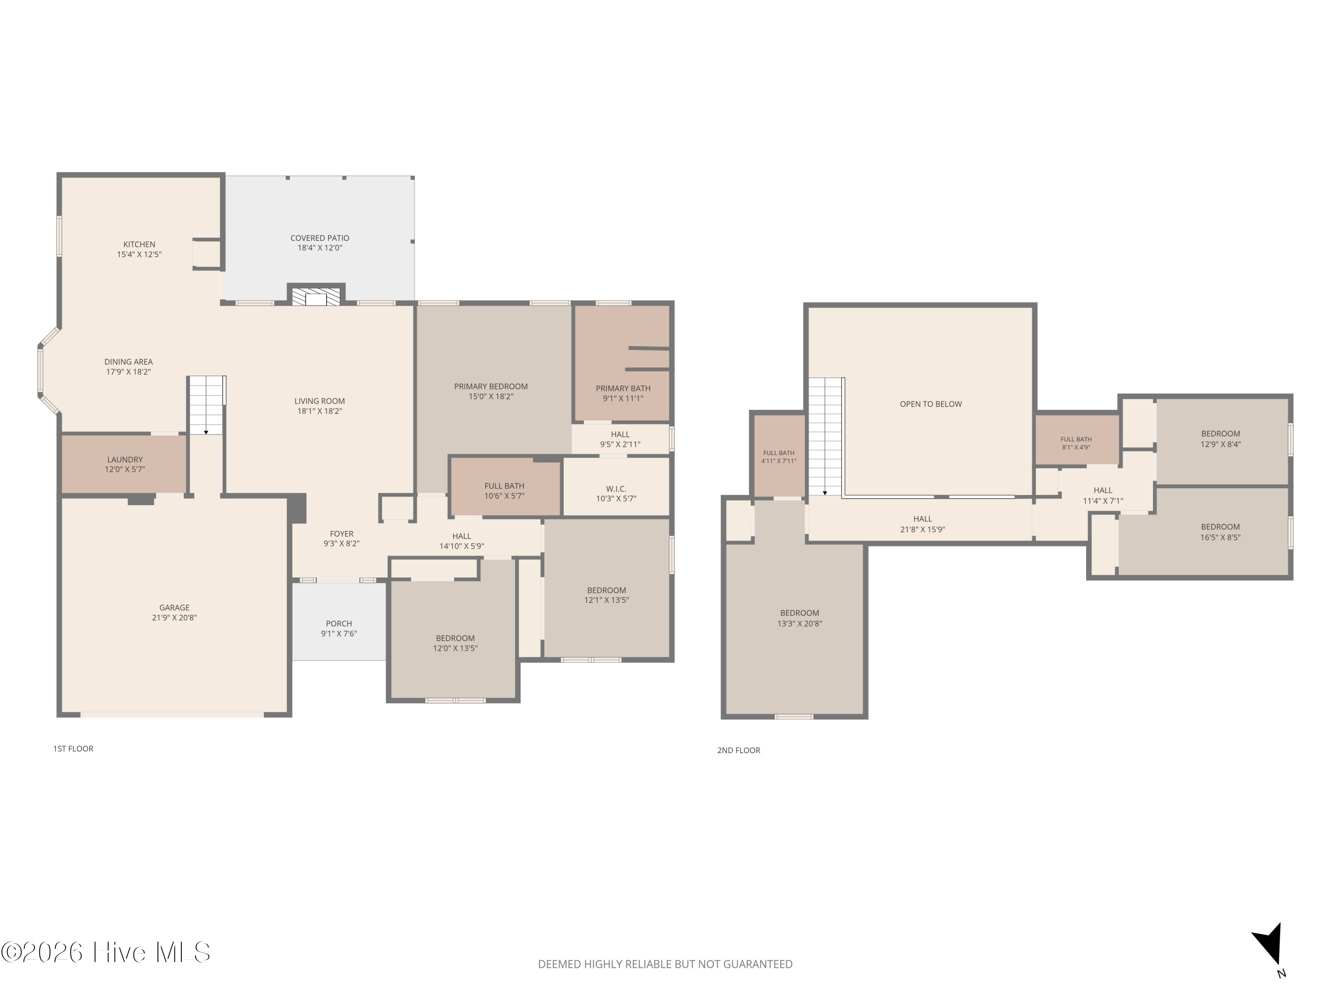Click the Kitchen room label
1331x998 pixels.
(139, 244)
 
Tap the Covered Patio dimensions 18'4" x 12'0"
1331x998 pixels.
(319, 248)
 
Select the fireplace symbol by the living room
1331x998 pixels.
(316, 296)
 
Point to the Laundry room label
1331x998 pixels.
(125, 460)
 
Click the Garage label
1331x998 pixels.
(174, 608)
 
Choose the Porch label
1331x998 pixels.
(339, 624)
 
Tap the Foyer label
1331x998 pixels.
(342, 534)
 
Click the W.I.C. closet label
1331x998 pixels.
(616, 489)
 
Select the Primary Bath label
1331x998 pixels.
(623, 389)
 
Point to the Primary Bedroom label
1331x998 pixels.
(491, 387)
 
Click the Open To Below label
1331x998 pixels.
(931, 404)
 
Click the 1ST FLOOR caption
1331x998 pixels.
(73, 749)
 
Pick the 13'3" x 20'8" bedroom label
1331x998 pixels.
(799, 618)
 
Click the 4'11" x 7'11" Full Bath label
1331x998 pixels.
(779, 457)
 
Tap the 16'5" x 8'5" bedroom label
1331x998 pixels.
(1220, 532)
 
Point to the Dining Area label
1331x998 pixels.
(129, 362)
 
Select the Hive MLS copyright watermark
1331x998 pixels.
(106, 952)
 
